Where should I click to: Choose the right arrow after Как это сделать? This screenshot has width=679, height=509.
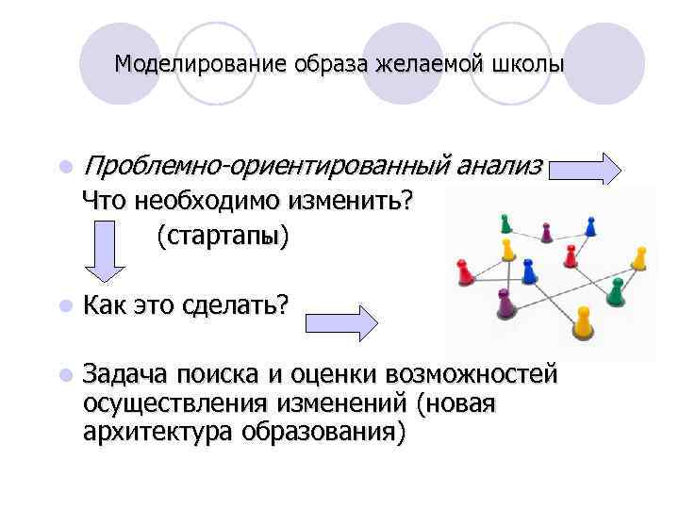coord(341,321)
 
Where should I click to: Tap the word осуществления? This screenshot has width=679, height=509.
coord(176,404)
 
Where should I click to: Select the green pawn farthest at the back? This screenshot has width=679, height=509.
coord(505,224)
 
